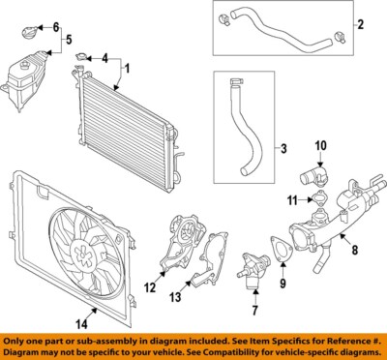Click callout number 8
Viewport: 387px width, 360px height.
[355, 251]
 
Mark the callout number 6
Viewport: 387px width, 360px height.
[55, 26]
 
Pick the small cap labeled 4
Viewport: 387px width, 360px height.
[79, 61]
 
